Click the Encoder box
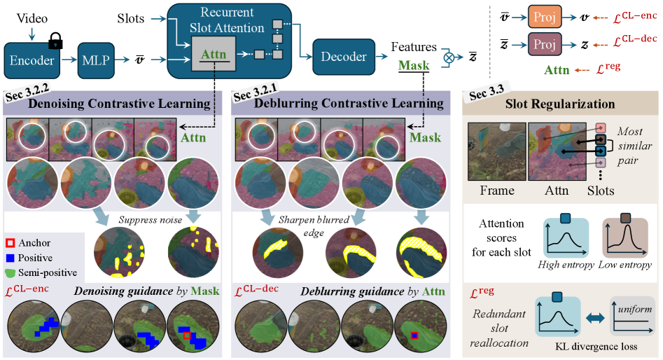(33, 61)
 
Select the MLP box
(99, 61)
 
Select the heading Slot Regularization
(559, 104)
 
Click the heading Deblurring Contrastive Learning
(338, 104)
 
